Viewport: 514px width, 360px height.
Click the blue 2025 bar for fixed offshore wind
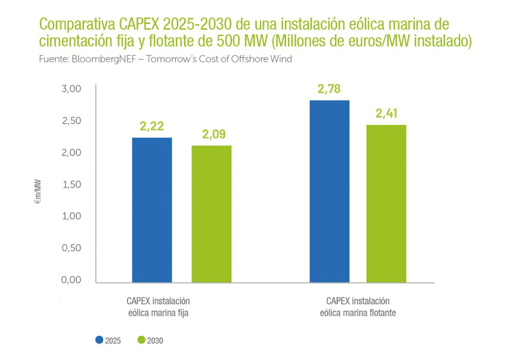152,210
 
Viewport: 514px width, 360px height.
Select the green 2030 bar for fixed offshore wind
211,213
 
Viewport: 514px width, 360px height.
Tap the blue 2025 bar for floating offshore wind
329,191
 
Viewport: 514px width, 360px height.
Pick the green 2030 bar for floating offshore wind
386,203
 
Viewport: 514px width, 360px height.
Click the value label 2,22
151,126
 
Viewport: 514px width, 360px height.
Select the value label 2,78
329,89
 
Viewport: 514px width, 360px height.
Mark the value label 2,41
386,114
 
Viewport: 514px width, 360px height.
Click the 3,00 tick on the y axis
72,89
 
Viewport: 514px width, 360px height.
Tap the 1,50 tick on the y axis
72,184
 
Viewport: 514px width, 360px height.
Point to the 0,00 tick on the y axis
72,280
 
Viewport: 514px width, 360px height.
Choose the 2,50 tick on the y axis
72,121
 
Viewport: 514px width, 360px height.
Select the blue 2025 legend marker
99,340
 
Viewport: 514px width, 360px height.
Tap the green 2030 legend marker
141,340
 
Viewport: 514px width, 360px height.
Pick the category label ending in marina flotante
358,307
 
